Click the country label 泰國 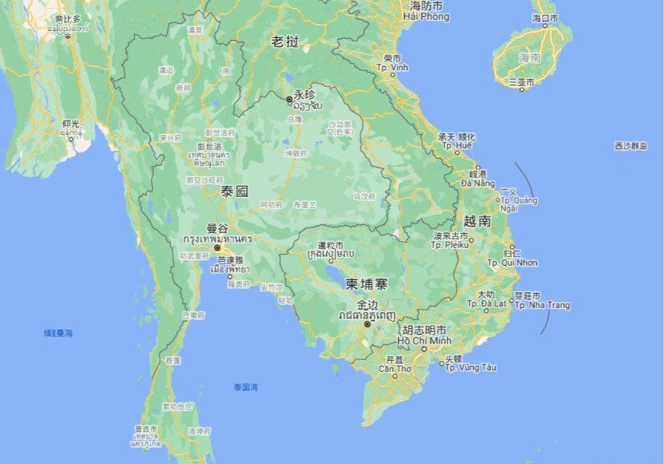point(234,192)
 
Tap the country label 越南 point(476,220)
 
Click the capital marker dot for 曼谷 point(217,248)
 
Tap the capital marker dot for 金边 point(366,324)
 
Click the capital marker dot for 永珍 point(289,99)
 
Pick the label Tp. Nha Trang point(542,305)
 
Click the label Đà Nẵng point(475,183)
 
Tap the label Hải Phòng point(426,16)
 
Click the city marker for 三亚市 point(521,89)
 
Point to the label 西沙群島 point(631,147)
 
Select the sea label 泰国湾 point(245,387)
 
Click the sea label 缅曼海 point(58,333)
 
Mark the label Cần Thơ point(394,368)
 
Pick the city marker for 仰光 point(71,139)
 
